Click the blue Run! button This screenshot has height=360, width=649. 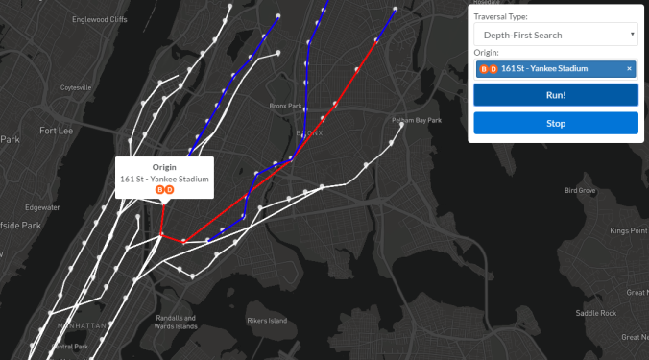556,95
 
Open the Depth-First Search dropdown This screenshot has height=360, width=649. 556,35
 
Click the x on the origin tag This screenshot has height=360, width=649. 630,68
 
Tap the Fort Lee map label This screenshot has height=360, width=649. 57,131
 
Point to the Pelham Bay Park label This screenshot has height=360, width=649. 416,120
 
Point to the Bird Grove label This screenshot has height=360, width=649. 580,191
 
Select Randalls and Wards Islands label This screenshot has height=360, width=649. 176,322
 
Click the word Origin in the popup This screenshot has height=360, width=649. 165,167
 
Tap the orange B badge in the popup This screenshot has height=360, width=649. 159,189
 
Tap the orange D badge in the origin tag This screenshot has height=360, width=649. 493,68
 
